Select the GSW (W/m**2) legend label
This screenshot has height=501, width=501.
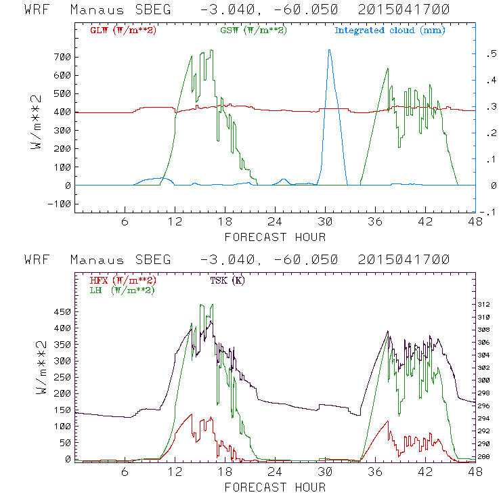click(253, 30)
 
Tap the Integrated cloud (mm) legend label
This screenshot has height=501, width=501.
click(390, 30)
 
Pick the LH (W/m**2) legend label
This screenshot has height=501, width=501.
click(123, 290)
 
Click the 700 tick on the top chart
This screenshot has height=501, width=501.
click(61, 57)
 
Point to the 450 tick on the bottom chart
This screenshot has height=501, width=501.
click(61, 312)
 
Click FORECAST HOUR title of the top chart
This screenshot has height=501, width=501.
click(275, 237)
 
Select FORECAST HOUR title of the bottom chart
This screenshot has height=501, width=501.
click(275, 487)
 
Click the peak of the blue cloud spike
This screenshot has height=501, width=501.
click(329, 49)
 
